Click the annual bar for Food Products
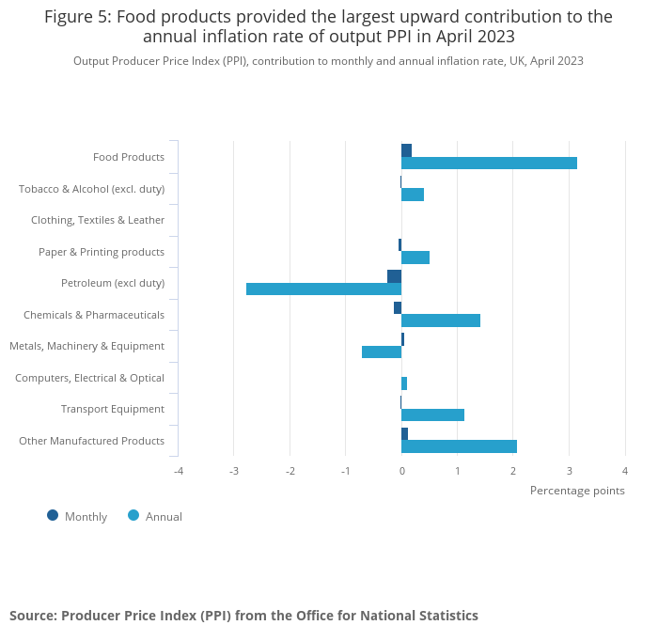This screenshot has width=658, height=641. click(x=489, y=164)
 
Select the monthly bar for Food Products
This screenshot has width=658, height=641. click(x=406, y=150)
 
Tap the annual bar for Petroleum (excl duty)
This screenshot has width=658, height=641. click(x=323, y=289)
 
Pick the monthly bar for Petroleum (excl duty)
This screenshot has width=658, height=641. click(x=394, y=276)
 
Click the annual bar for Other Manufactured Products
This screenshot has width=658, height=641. click(x=459, y=446)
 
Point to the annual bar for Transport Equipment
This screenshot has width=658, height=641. click(x=432, y=415)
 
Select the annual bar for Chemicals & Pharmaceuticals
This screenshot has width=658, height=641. click(x=441, y=320)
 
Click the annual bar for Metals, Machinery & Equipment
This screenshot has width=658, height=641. click(x=382, y=352)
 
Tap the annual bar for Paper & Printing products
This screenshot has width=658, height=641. click(x=415, y=258)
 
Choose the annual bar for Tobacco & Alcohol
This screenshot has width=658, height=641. click(x=413, y=195)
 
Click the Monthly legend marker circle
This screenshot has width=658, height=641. click(x=53, y=515)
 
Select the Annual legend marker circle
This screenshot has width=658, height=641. click(x=133, y=515)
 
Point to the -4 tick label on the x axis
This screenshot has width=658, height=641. click(x=178, y=471)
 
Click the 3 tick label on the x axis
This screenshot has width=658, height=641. click(x=569, y=471)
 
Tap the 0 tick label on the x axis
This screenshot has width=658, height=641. click(x=401, y=471)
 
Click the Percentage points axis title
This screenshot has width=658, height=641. click(x=577, y=491)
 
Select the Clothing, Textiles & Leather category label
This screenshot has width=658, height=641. click(x=98, y=220)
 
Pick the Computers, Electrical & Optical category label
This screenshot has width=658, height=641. click(x=90, y=378)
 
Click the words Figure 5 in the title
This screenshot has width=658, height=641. click(x=78, y=17)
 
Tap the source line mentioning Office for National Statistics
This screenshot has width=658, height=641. click(x=243, y=616)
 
